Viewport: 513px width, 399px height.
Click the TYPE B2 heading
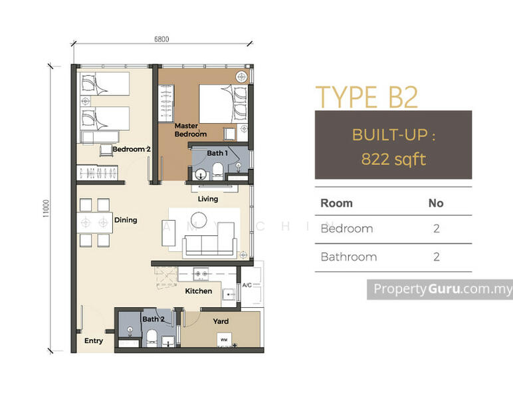point(366,97)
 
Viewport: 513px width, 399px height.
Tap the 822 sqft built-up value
point(393,159)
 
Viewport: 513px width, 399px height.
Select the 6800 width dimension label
point(161,39)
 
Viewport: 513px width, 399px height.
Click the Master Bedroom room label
point(191,130)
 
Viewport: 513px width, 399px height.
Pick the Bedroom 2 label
point(132,150)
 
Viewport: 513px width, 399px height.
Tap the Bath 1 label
point(217,153)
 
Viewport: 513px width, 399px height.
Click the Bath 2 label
point(153,319)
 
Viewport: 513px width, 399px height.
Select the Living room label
point(208,198)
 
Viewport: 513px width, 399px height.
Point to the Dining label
point(125,220)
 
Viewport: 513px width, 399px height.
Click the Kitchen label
point(198,291)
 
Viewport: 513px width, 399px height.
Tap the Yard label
point(221,321)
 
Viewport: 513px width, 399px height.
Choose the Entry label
point(94,341)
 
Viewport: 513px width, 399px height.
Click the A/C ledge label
point(247,285)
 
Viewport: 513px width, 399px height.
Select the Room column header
point(336,203)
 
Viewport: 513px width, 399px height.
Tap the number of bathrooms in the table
point(436,257)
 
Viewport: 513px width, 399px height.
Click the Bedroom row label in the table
point(346,229)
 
